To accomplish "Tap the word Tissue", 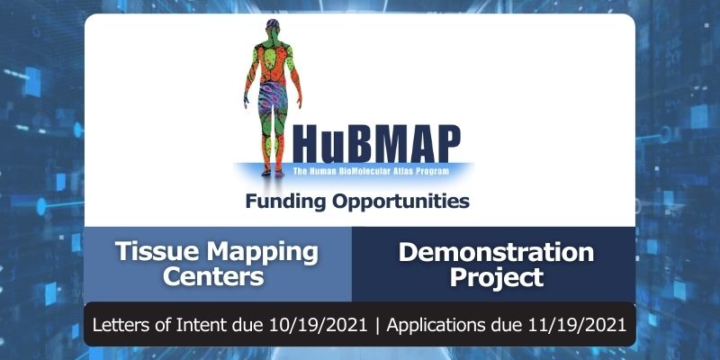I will [160, 251].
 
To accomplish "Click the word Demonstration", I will [496, 251].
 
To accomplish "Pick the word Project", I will [496, 275].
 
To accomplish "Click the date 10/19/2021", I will [324, 324].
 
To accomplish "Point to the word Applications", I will [443, 324].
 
